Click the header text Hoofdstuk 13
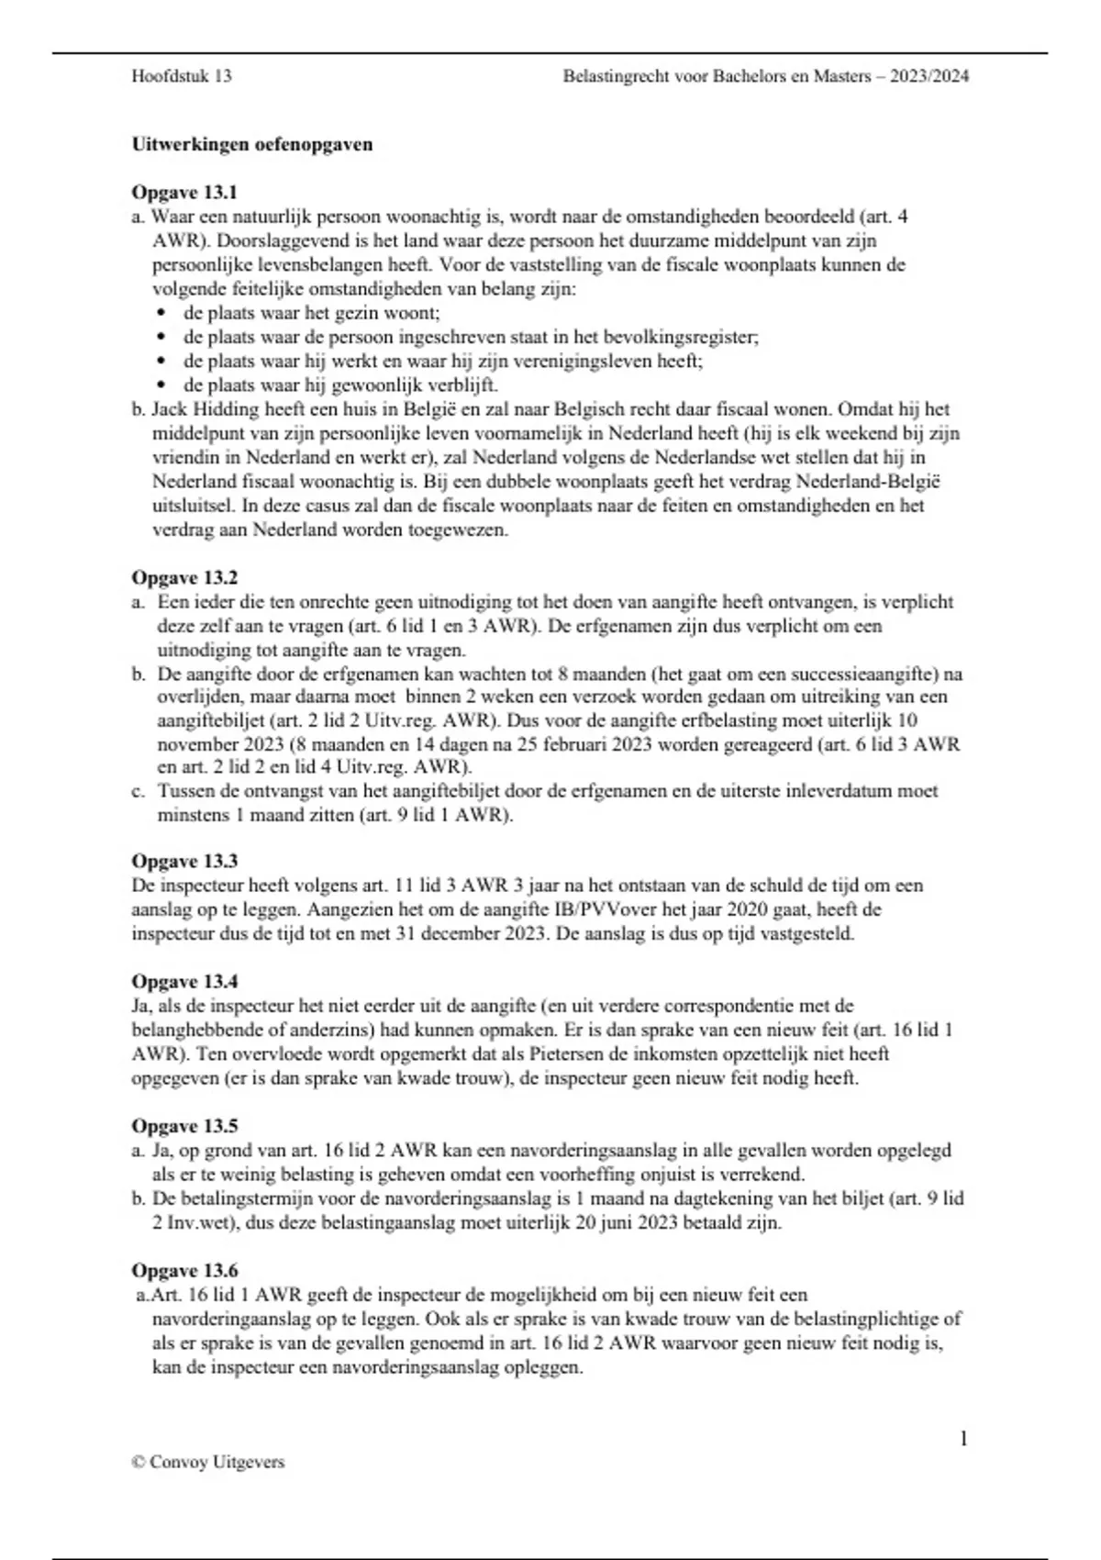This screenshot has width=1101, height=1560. point(182,76)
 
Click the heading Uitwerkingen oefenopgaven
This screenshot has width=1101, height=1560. point(252,144)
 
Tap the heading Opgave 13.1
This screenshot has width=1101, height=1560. point(184,193)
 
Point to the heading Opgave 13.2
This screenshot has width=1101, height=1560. point(184,577)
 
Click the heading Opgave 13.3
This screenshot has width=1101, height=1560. point(184,861)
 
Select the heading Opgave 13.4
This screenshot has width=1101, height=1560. point(184,981)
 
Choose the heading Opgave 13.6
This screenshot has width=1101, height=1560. point(184,1270)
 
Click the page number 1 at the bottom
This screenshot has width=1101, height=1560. point(963,1438)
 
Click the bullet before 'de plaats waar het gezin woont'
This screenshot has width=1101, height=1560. point(162,313)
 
